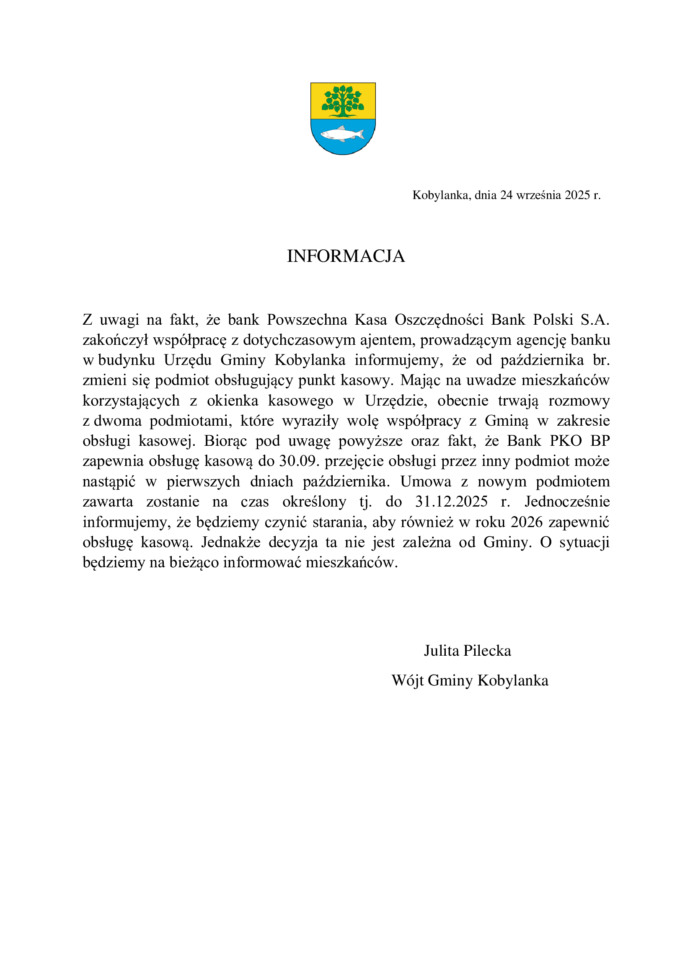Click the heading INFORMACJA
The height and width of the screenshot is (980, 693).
coord(346,256)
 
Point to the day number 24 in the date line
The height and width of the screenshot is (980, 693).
coord(507,195)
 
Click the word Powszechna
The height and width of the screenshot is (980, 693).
coord(307,320)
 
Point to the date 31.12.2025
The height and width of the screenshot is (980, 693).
coord(452,502)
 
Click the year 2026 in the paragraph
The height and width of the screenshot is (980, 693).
coord(527,522)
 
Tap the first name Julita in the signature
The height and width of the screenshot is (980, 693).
coord(442,651)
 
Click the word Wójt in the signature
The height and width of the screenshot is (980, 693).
coord(408,680)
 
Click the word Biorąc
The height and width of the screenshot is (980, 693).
coord(225,441)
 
